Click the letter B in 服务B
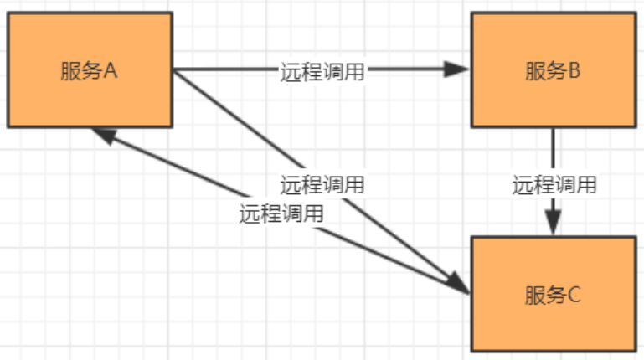(x=574, y=70)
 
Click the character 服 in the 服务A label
(x=70, y=70)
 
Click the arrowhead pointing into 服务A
(x=102, y=134)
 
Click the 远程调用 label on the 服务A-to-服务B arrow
(x=322, y=71)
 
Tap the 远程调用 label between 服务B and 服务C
(x=554, y=185)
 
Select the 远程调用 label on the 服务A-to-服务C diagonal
(x=322, y=184)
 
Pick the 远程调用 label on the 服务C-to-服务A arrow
(x=281, y=213)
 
